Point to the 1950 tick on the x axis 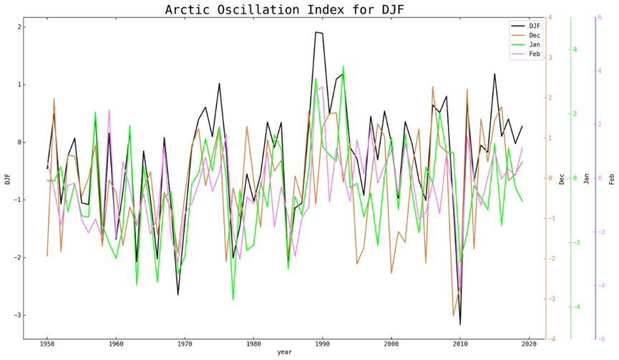click(x=47, y=344)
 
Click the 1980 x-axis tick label click(x=253, y=344)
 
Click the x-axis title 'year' click(x=284, y=353)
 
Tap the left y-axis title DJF click(x=7, y=178)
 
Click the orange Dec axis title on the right click(x=562, y=178)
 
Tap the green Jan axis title click(x=587, y=178)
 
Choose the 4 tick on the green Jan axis click(x=575, y=49)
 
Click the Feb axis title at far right click(x=612, y=178)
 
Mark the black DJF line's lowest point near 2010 click(x=460, y=324)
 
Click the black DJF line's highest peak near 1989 click(x=316, y=32)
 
